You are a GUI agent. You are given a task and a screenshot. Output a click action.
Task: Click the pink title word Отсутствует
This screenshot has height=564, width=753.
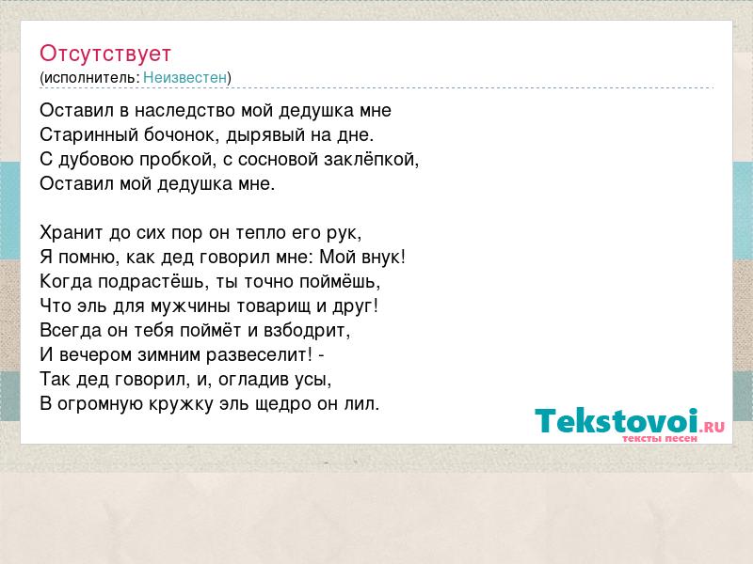[x=105, y=54]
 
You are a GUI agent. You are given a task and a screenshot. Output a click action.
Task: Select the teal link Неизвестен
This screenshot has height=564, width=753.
[x=184, y=78]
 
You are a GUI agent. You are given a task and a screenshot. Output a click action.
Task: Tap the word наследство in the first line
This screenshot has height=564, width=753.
[x=184, y=111]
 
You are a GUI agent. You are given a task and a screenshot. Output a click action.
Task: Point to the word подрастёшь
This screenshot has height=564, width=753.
[x=151, y=282]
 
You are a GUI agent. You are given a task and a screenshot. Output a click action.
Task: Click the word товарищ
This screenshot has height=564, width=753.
[x=273, y=306]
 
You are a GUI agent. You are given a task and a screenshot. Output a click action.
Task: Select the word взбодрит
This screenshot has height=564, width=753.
[x=304, y=331]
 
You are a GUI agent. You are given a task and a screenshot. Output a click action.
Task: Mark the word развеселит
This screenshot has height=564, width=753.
[x=256, y=355]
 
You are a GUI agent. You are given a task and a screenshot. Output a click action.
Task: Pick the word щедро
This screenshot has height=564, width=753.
[x=280, y=404]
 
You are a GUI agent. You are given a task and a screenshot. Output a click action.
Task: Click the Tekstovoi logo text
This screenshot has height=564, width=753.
[x=617, y=421]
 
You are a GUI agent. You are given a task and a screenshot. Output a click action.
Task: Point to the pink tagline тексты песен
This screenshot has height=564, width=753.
[x=660, y=439]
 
